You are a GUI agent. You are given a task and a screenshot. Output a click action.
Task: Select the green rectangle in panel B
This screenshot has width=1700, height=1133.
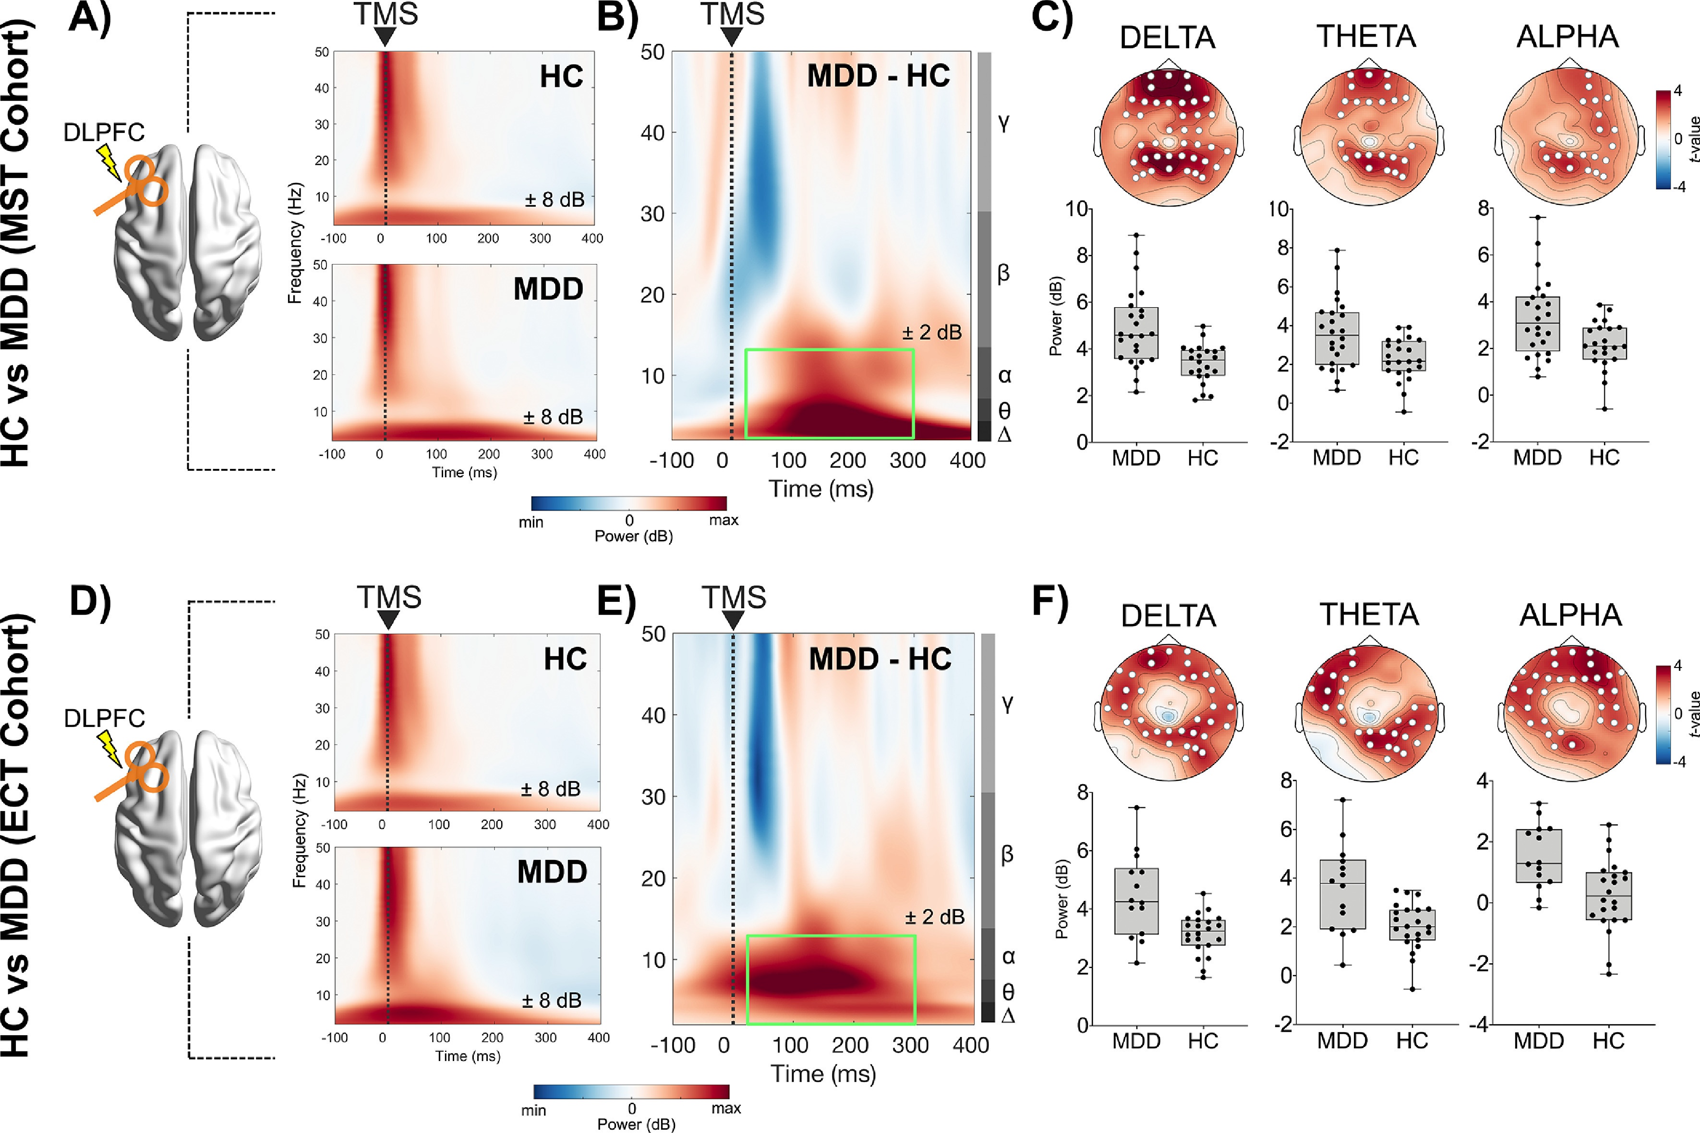pyautogui.click(x=829, y=351)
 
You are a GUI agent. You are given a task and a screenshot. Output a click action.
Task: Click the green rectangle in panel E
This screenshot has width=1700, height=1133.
pyautogui.click(x=831, y=937)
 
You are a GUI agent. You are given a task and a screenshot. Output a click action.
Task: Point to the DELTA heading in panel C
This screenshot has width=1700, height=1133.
pyautogui.click(x=1167, y=37)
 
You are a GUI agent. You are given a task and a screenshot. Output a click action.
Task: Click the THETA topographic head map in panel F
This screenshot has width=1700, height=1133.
pyautogui.click(x=1369, y=712)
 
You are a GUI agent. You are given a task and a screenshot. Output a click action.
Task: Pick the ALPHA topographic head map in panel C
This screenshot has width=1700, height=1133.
pyautogui.click(x=1569, y=137)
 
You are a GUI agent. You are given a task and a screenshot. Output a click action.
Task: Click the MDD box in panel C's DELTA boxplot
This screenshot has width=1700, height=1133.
pyautogui.click(x=1136, y=333)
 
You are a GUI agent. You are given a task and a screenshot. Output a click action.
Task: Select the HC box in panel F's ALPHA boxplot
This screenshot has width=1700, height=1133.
pyautogui.click(x=1609, y=896)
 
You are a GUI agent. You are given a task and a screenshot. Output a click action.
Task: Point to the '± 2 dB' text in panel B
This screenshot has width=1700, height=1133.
pyautogui.click(x=932, y=333)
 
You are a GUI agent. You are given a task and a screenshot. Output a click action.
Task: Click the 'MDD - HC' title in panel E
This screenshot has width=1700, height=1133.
pyautogui.click(x=880, y=659)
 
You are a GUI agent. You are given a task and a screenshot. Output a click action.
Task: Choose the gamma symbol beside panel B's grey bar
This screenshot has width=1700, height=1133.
pyautogui.click(x=1004, y=123)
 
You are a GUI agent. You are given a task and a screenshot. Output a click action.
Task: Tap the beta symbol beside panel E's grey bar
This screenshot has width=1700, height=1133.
pyautogui.click(x=1007, y=854)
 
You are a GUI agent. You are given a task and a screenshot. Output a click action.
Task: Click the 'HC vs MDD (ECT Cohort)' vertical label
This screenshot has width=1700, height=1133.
pyautogui.click(x=18, y=835)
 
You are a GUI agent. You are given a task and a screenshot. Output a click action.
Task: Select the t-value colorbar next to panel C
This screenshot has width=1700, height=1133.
pyautogui.click(x=1663, y=140)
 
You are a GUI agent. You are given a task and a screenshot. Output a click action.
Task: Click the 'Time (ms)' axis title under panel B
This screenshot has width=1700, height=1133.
pyautogui.click(x=821, y=489)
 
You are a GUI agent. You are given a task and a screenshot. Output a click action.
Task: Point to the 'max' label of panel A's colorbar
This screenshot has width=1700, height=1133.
pyautogui.click(x=723, y=520)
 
